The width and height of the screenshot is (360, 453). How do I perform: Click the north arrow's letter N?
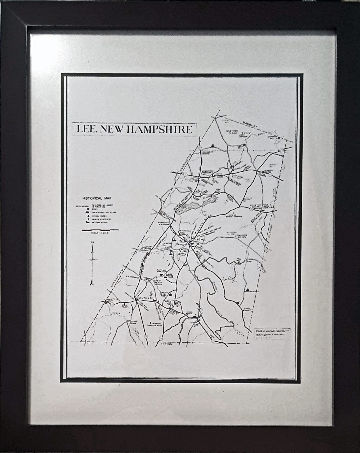pyautogui.click(x=92, y=247)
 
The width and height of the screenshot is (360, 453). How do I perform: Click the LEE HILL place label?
pyautogui.click(x=199, y=242)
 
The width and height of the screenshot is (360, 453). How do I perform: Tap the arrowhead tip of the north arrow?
pyautogui.click(x=92, y=250)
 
